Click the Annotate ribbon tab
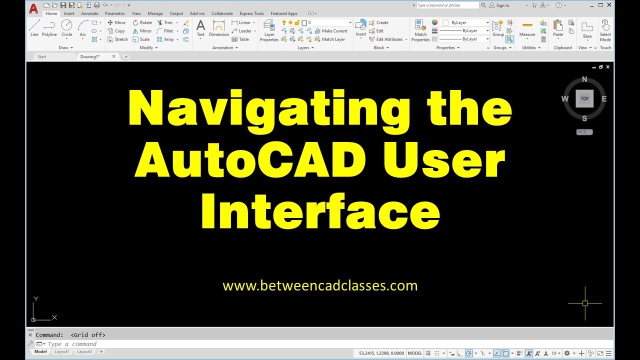click(x=89, y=13)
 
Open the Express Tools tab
click(x=251, y=13)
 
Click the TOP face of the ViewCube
click(x=584, y=98)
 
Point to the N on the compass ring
click(x=584, y=79)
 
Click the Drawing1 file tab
click(x=90, y=56)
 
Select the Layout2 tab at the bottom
click(x=84, y=351)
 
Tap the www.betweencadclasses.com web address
click(x=320, y=286)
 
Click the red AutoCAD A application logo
click(x=33, y=8)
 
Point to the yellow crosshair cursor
click(x=585, y=303)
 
